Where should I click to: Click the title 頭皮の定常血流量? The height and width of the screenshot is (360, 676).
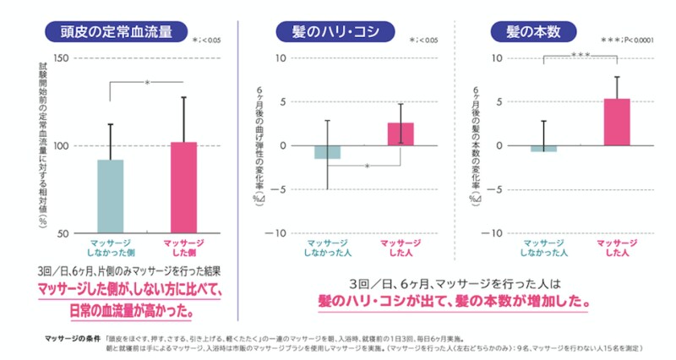[x=116, y=31]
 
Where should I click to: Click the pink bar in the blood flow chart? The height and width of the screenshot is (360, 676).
[x=183, y=187]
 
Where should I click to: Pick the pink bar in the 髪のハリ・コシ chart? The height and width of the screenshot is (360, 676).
[x=401, y=134]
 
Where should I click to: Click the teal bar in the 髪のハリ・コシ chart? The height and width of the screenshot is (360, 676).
[x=327, y=152]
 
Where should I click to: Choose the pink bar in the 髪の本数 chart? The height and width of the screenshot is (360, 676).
[x=617, y=123]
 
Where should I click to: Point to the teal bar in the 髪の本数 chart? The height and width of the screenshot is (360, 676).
[x=543, y=149]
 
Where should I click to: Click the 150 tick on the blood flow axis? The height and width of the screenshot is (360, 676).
[x=59, y=58]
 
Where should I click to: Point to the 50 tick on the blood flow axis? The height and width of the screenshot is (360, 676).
[x=63, y=232]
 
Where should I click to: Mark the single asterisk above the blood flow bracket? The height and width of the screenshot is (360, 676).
[x=147, y=83]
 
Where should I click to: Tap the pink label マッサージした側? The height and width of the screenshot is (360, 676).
[x=183, y=247]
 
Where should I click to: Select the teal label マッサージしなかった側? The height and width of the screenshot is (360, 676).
[x=110, y=247]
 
